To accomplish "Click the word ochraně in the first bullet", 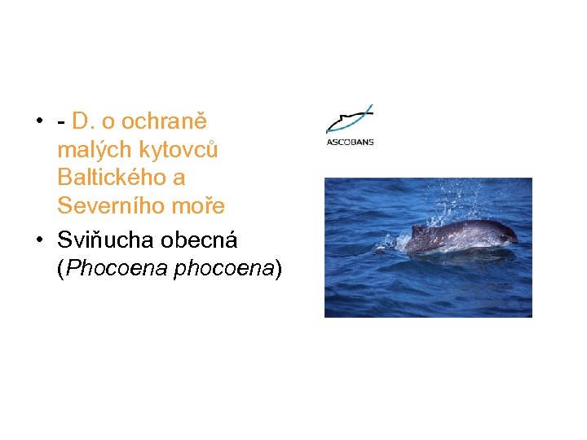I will click(x=166, y=122).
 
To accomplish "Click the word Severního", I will click(x=110, y=206).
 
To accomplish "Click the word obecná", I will click(x=200, y=240).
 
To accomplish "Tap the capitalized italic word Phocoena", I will click(x=116, y=268).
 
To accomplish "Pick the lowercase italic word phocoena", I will click(x=222, y=268).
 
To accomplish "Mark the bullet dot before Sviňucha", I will click(x=38, y=240).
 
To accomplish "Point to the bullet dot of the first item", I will click(x=38, y=122).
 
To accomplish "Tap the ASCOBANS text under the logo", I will click(x=350, y=142).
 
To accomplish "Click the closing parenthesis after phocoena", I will click(x=278, y=268).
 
